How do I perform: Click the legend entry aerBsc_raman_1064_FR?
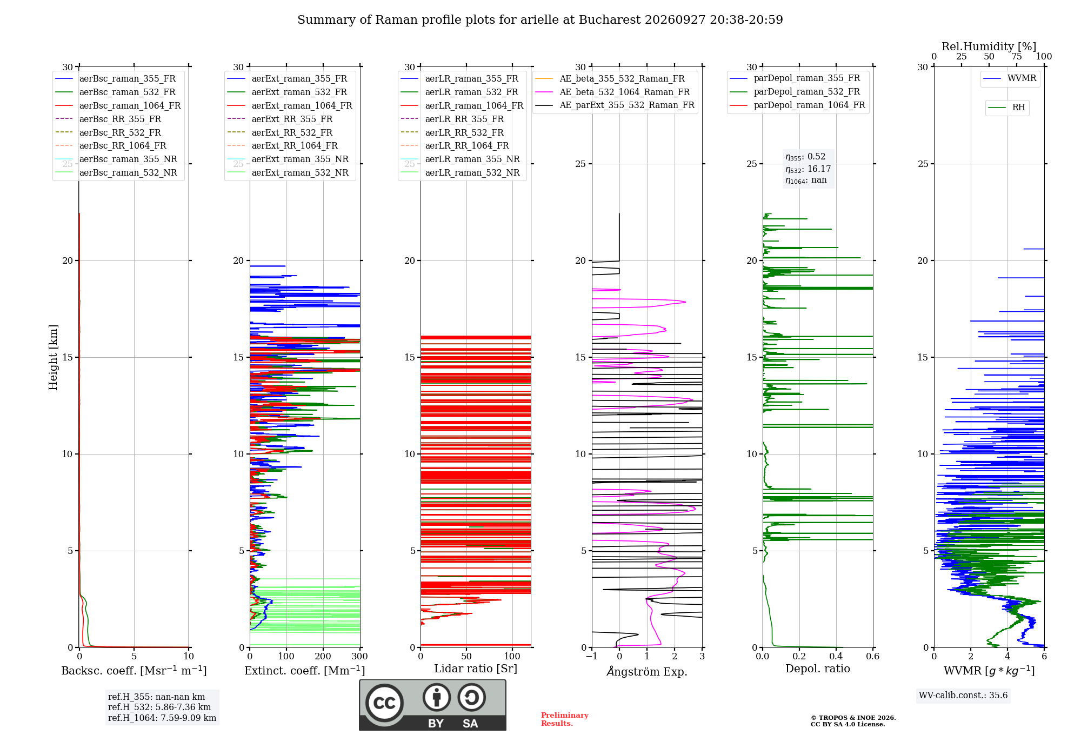tap(118, 105)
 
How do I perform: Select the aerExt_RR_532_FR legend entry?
tap(280, 132)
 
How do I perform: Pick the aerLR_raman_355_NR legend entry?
tap(461, 159)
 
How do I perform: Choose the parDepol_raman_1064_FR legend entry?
tap(797, 105)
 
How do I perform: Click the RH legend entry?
tap(1006, 108)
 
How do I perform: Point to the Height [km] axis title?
tap(53, 357)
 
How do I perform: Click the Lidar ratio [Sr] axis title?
tap(476, 669)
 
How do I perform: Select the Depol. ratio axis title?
tap(818, 669)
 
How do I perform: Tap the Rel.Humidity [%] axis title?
tap(989, 46)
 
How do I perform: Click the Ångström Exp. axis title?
tap(647, 671)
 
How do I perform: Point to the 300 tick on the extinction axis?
tap(360, 656)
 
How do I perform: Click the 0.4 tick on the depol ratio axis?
tap(836, 656)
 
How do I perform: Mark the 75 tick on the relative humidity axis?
tap(1017, 56)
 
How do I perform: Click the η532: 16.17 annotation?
tap(808, 169)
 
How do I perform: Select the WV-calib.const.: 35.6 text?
tap(963, 695)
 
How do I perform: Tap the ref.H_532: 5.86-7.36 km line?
tap(159, 707)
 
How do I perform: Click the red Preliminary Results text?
tap(565, 719)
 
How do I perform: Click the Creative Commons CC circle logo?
tap(384, 703)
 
